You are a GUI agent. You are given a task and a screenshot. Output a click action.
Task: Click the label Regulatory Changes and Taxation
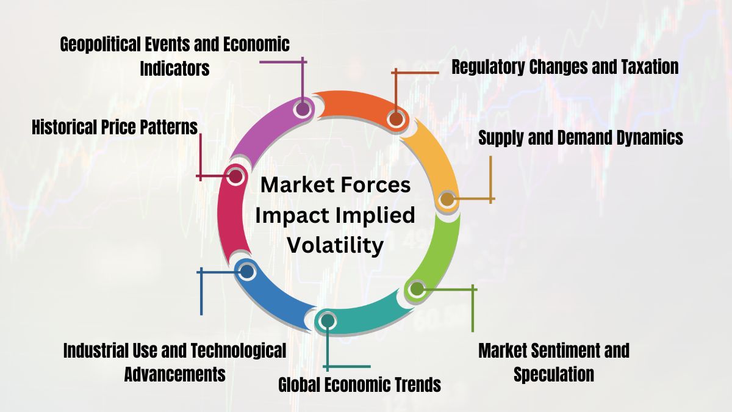[x=565, y=67]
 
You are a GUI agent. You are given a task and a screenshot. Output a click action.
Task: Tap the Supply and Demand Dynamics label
[x=580, y=137]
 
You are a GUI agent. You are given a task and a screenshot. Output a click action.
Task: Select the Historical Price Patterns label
[x=115, y=127]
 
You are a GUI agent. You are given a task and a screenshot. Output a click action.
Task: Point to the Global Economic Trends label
[x=359, y=385]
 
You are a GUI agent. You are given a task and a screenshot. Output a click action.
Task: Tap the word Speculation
[x=553, y=374]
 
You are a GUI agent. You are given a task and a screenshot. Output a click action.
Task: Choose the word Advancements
[x=174, y=374]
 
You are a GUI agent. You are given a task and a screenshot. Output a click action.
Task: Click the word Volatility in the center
[x=335, y=245]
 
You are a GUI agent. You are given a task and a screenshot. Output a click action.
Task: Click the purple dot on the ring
[x=301, y=109]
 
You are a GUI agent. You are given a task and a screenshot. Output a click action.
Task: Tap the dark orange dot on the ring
[x=395, y=118]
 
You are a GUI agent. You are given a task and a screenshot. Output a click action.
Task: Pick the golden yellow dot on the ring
[x=447, y=198]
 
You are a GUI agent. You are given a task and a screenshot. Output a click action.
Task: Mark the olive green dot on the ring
[x=416, y=289]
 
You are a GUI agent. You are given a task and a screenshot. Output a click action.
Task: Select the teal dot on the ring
[x=328, y=320]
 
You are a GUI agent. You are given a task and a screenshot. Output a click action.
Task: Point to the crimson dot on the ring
[x=234, y=177]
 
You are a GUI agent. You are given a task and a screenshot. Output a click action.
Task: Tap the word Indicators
[x=174, y=68]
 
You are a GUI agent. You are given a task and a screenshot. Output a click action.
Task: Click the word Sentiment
[x=553, y=350]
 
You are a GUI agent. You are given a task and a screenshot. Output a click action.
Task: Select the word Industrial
[x=96, y=350]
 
